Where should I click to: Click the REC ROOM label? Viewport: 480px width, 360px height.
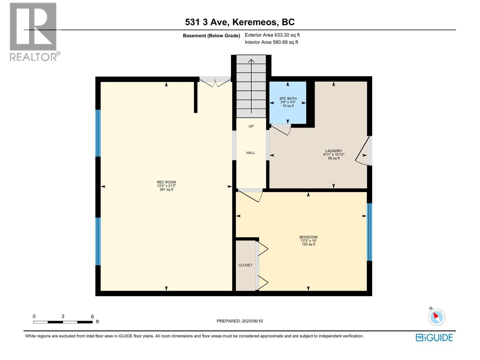(166, 182)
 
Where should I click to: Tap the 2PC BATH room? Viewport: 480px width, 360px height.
(288, 102)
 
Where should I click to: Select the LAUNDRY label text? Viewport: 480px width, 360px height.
(334, 151)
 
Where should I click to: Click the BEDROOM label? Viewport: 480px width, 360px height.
(308, 237)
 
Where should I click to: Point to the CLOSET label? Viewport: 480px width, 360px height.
(245, 265)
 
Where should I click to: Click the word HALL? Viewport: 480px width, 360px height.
(250, 153)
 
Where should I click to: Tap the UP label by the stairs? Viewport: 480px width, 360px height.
(251, 126)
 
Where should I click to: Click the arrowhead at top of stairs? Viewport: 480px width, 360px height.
(251, 61)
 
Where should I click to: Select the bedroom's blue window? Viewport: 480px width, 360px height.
(370, 232)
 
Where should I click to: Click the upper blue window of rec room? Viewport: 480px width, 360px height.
(98, 133)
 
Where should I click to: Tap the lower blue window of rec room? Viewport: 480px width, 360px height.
(98, 241)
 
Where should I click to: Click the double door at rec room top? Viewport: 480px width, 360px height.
(215, 82)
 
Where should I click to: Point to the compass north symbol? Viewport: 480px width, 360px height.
(436, 317)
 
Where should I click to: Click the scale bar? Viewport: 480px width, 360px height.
(63, 322)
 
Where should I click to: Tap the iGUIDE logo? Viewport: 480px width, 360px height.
(434, 337)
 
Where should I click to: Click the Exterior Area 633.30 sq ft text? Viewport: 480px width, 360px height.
(272, 35)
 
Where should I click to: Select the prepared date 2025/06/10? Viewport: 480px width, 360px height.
(240, 321)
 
